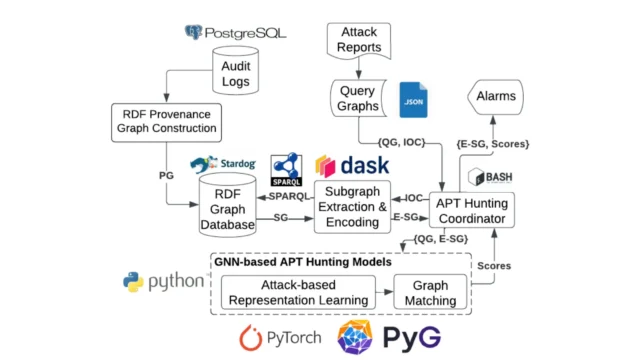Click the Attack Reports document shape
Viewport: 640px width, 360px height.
[x=358, y=40]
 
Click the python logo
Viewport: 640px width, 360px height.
[x=164, y=282]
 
